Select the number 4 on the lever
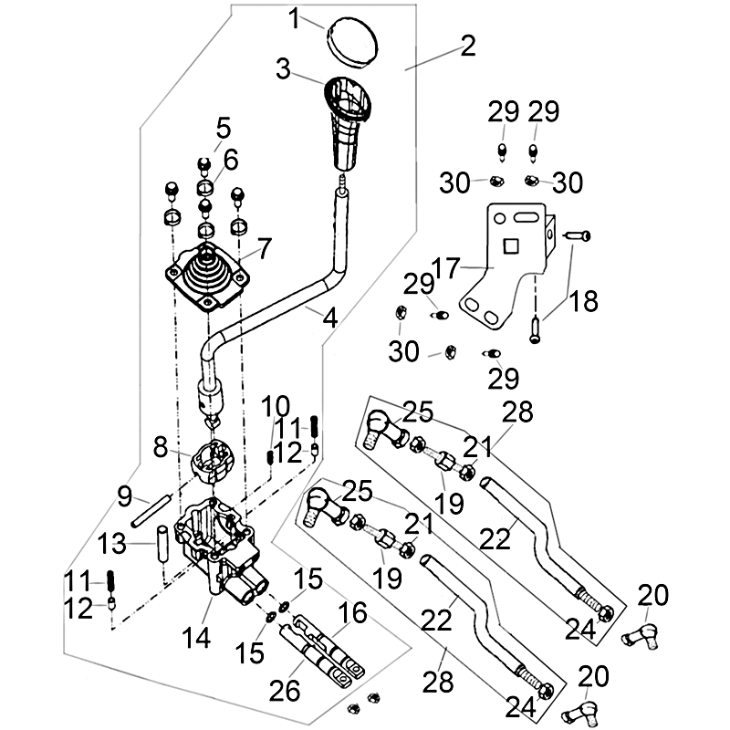(x=329, y=318)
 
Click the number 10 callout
(x=276, y=405)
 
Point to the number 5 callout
(x=224, y=126)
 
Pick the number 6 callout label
(x=230, y=159)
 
